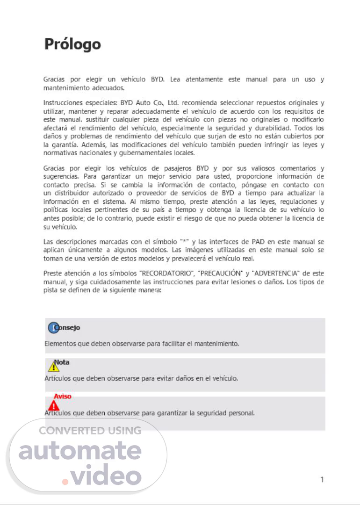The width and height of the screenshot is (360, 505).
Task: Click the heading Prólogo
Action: pyautogui.click(x=72, y=44)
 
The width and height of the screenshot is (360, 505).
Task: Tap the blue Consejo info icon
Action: pyautogui.click(x=53, y=328)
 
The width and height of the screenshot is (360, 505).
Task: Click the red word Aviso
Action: pyautogui.click(x=63, y=396)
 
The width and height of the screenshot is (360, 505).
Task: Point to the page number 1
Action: pyautogui.click(x=322, y=479)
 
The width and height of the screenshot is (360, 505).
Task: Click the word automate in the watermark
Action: pyautogui.click(x=80, y=451)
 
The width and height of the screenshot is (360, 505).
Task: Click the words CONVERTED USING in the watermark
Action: pyautogui.click(x=90, y=431)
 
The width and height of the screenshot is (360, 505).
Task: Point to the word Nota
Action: pyautogui.click(x=63, y=362)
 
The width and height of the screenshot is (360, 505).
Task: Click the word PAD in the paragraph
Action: pyautogui.click(x=258, y=242)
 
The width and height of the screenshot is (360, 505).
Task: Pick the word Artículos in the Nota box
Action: pyautogui.click(x=58, y=378)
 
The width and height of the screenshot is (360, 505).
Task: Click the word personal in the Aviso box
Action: pyautogui.click(x=242, y=413)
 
